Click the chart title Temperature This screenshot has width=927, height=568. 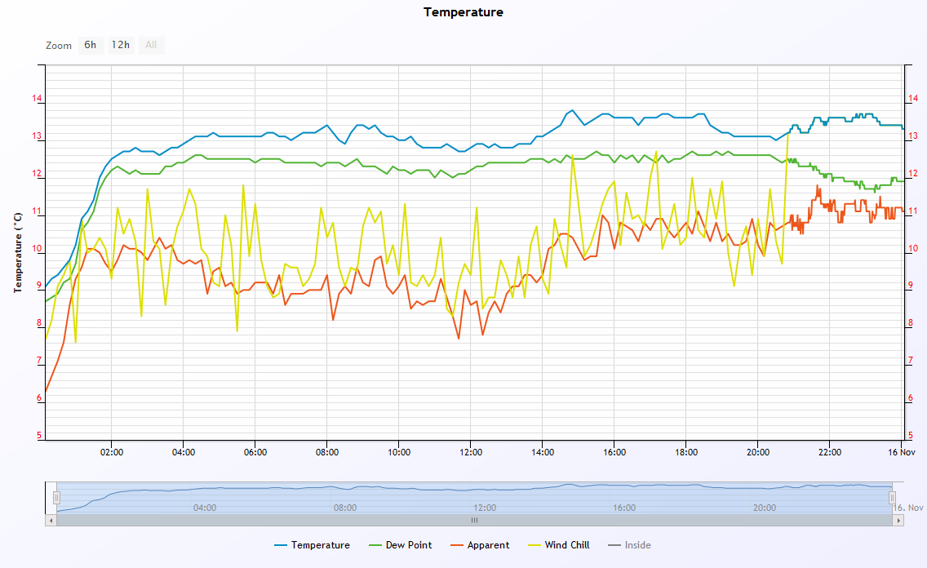coord(463,12)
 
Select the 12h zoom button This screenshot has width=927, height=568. coord(121,45)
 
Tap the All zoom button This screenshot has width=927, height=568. coord(151,45)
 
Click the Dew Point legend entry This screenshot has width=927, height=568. coord(400,545)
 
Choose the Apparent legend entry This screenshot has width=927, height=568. coord(480,545)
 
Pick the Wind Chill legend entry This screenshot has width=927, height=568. coord(559,545)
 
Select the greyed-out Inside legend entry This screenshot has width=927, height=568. coord(629,545)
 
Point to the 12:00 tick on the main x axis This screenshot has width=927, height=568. coord(471,452)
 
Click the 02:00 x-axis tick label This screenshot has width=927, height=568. coord(112,452)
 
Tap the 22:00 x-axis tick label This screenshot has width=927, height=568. coord(829,452)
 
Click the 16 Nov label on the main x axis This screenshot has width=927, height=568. coord(902,452)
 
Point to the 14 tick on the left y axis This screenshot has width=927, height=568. coord(38,99)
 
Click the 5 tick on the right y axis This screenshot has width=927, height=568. coord(911,436)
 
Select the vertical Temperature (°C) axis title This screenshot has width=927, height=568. coord(18,252)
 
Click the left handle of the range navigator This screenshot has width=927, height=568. coord(57,498)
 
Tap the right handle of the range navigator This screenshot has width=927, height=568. coord(892,498)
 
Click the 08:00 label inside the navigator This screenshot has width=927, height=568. coord(344,508)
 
